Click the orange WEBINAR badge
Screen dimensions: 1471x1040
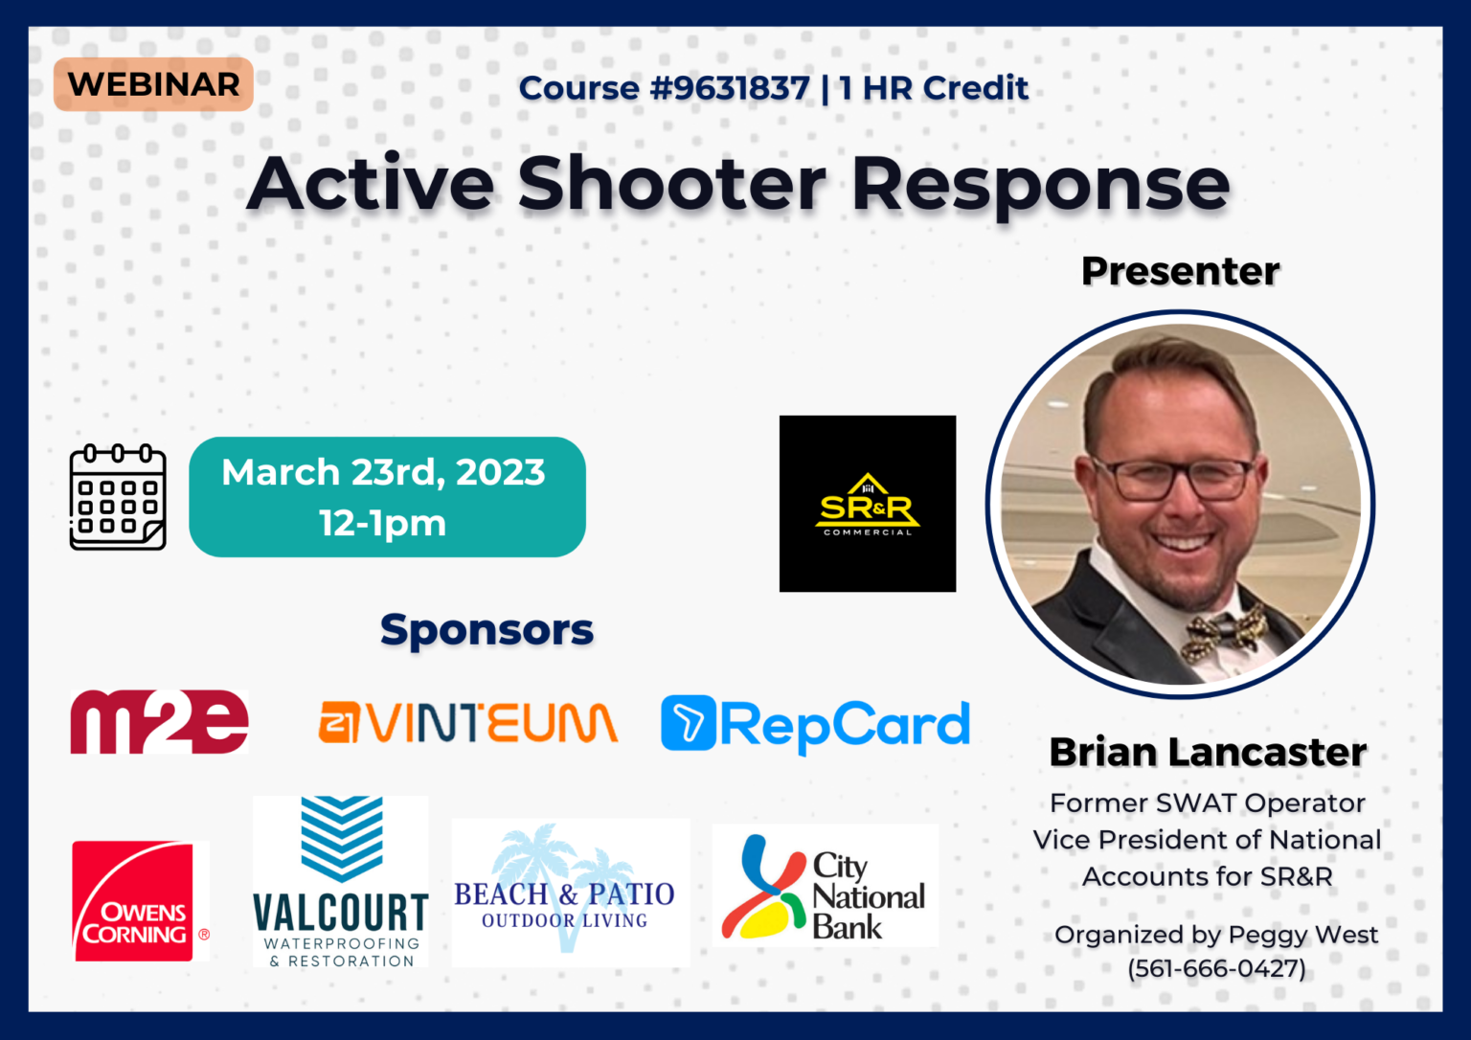tap(153, 84)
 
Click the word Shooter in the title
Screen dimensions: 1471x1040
tap(671, 185)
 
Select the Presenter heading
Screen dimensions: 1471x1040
tap(1180, 270)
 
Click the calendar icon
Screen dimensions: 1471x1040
tap(118, 497)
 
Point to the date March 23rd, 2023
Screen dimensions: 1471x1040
tap(383, 472)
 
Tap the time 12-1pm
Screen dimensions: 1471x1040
tap(383, 523)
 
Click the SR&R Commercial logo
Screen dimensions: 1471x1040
tap(868, 504)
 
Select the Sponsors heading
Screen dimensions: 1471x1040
tap(487, 629)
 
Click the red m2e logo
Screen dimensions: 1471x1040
tap(160, 721)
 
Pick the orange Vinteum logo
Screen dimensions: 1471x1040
tap(468, 722)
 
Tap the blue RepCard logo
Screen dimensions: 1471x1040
tap(816, 725)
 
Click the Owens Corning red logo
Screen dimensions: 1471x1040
tap(141, 901)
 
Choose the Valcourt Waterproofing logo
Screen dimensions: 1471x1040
tap(341, 881)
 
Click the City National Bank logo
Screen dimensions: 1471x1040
tap(826, 885)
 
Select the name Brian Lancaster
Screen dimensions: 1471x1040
tap(1208, 752)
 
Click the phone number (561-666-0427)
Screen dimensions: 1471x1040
tap(1216, 968)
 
